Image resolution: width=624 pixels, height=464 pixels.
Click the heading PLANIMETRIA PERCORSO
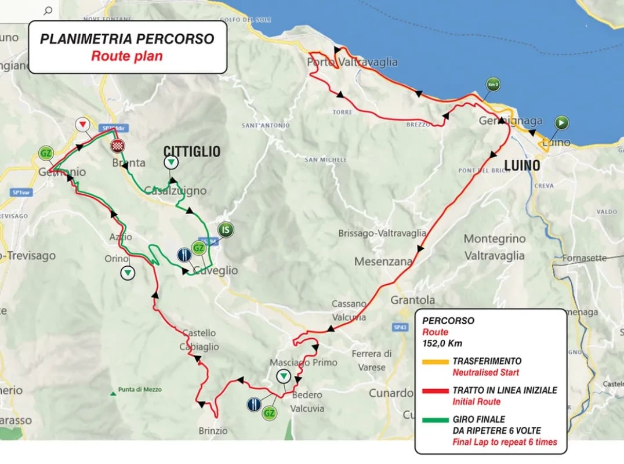coord(127,39)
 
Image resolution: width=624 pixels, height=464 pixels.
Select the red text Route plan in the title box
coord(127,56)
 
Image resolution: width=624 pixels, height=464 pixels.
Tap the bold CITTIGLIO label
coord(191,152)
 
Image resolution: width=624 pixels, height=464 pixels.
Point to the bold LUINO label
coord(522,165)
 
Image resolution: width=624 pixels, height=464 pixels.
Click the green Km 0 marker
coord(494,85)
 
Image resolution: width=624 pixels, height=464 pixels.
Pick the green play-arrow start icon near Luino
coord(561,122)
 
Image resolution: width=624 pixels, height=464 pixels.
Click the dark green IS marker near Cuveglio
coord(227,230)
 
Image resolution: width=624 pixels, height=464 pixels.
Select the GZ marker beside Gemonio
coord(45,153)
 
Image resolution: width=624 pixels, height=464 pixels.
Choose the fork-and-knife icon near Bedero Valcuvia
coord(253,404)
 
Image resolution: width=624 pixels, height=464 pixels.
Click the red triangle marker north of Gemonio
coord(83,125)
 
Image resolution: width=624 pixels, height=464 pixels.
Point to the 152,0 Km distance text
coord(442,343)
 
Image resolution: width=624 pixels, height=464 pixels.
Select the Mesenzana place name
coord(383,261)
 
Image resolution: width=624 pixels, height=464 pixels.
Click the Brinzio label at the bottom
coord(213,431)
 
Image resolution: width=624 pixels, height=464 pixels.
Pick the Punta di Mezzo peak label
coord(139,390)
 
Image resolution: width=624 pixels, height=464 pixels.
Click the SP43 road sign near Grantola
coord(400,327)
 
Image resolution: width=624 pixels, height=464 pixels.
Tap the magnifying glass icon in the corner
coord(48,10)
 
